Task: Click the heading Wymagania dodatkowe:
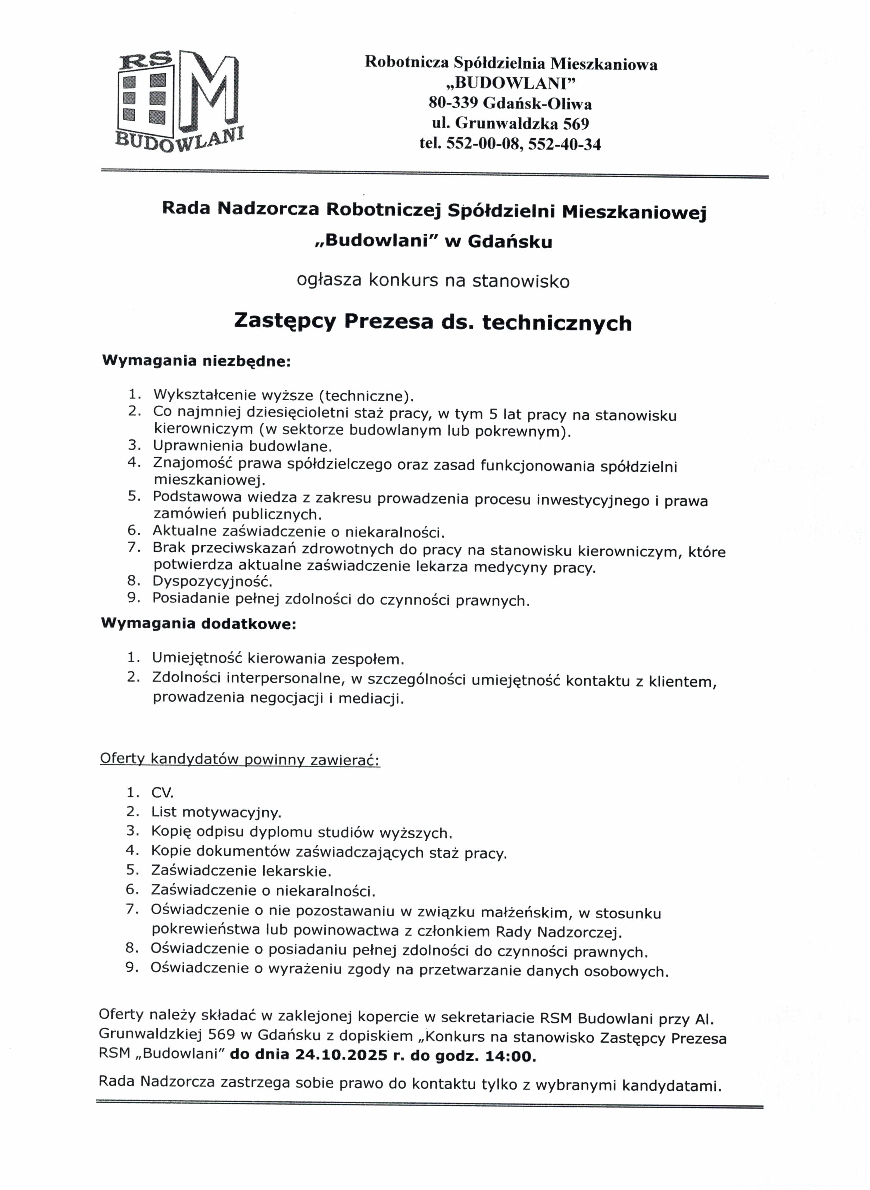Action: point(199,624)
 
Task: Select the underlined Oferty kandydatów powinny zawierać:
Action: point(240,760)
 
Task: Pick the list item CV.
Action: point(162,793)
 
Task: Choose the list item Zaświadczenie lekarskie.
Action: point(241,871)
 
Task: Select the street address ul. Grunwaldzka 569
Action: point(510,124)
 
